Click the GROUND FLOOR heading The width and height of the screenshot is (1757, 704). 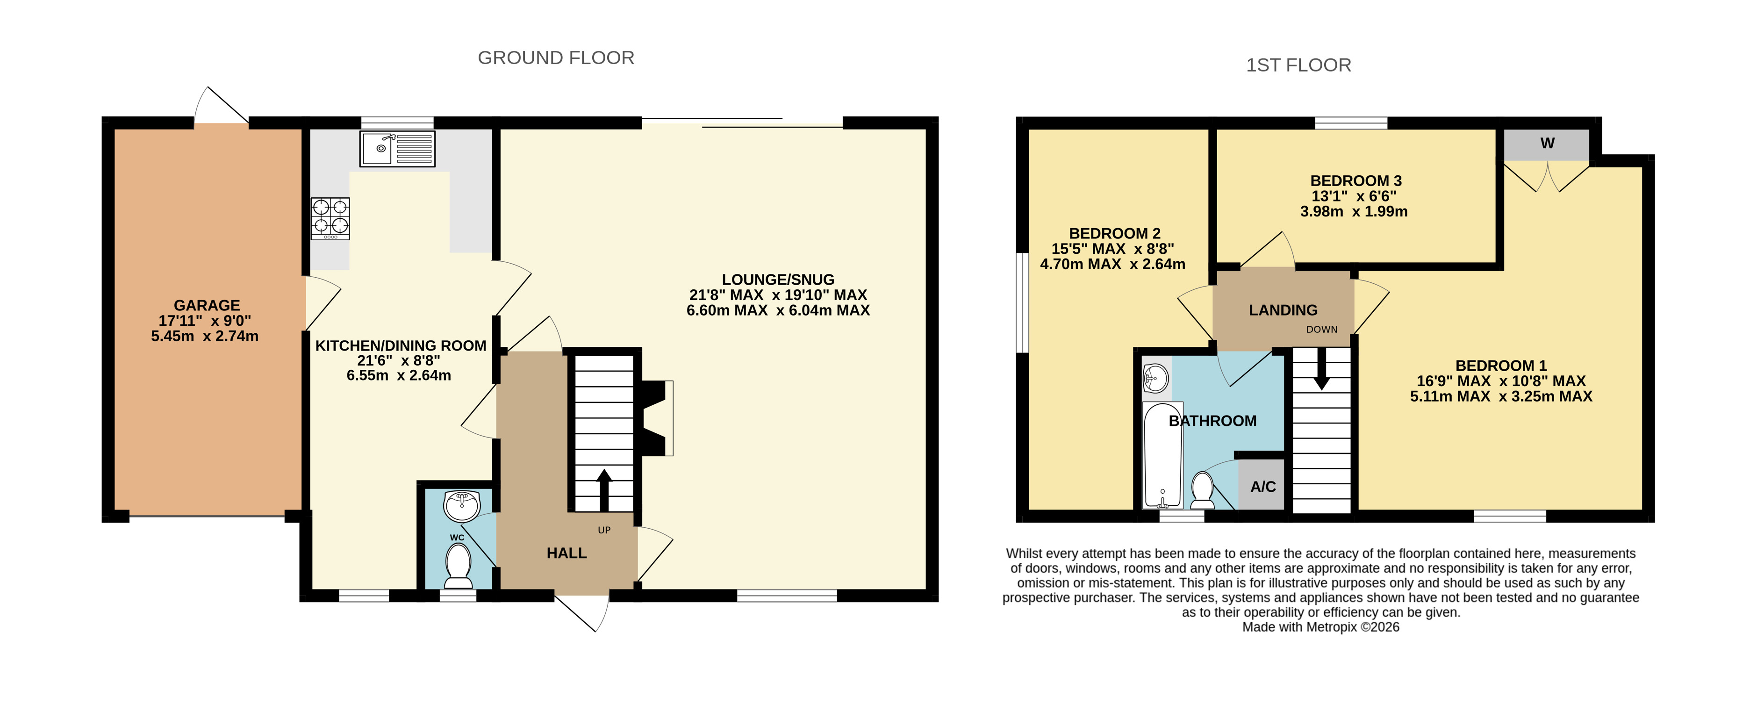556,58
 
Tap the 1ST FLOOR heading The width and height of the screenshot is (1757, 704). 1298,65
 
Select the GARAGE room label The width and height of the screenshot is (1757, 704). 207,306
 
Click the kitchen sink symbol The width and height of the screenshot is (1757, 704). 397,149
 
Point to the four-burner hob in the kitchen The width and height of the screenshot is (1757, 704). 330,218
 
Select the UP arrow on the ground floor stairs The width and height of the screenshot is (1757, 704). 604,490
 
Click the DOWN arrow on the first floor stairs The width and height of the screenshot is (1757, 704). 1322,369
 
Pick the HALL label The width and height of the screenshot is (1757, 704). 567,553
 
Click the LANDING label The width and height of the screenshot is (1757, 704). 1283,310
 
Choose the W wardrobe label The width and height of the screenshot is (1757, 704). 1547,143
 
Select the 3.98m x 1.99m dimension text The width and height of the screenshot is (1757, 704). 1354,211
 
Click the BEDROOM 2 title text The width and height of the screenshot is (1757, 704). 1114,233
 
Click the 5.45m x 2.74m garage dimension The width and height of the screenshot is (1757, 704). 205,336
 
